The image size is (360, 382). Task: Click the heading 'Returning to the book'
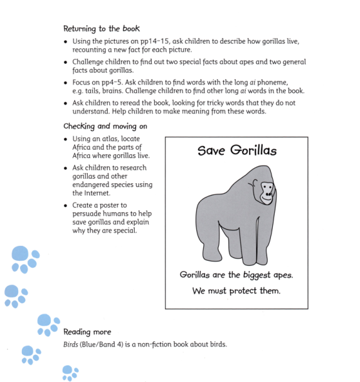[x=101, y=29]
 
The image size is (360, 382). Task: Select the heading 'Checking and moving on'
[x=105, y=126]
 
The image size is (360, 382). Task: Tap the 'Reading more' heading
[x=87, y=332]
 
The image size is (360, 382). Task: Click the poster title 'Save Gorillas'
[x=237, y=151]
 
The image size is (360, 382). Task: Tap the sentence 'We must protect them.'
[x=236, y=291]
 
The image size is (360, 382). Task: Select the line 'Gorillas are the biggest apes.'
[x=236, y=275]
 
